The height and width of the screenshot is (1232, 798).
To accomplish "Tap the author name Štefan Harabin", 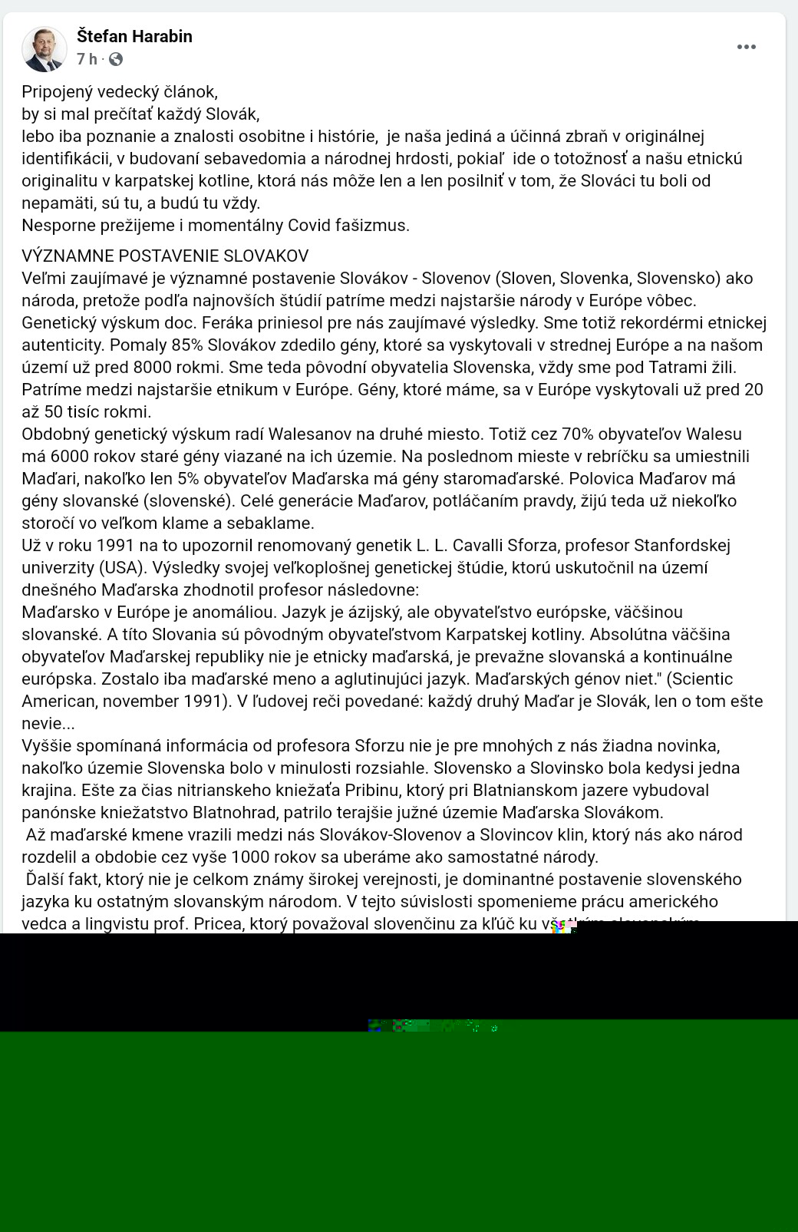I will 134,36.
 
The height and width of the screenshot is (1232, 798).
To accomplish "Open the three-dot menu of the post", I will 746,47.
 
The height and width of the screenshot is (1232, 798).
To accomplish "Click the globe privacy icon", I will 116,59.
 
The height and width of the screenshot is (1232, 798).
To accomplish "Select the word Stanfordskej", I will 681,545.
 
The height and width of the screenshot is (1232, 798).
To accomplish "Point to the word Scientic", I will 698,679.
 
